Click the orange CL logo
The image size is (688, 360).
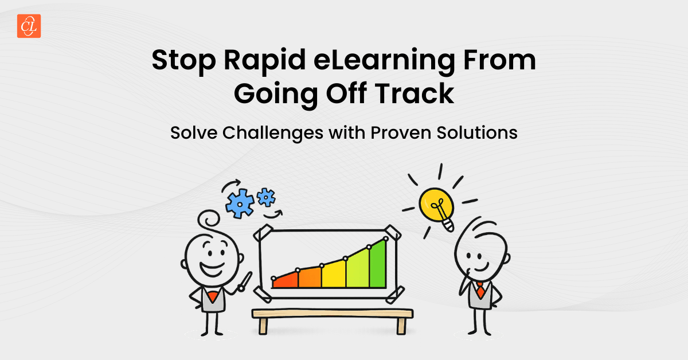tap(29, 26)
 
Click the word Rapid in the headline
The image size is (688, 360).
tap(265, 61)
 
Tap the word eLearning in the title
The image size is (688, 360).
tap(384, 61)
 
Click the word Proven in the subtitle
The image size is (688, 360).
tap(401, 132)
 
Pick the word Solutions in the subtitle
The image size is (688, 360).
tap(477, 132)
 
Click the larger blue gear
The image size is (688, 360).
tap(240, 204)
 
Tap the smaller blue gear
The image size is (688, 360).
tap(266, 197)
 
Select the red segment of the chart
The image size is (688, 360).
tap(286, 280)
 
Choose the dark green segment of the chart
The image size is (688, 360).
tap(378, 265)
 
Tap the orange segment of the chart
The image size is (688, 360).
tap(310, 277)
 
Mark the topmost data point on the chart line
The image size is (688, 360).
tap(386, 238)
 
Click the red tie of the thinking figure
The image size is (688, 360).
tap(480, 290)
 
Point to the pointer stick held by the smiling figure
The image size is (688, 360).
tap(245, 281)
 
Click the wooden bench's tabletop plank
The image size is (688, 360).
tap(333, 314)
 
